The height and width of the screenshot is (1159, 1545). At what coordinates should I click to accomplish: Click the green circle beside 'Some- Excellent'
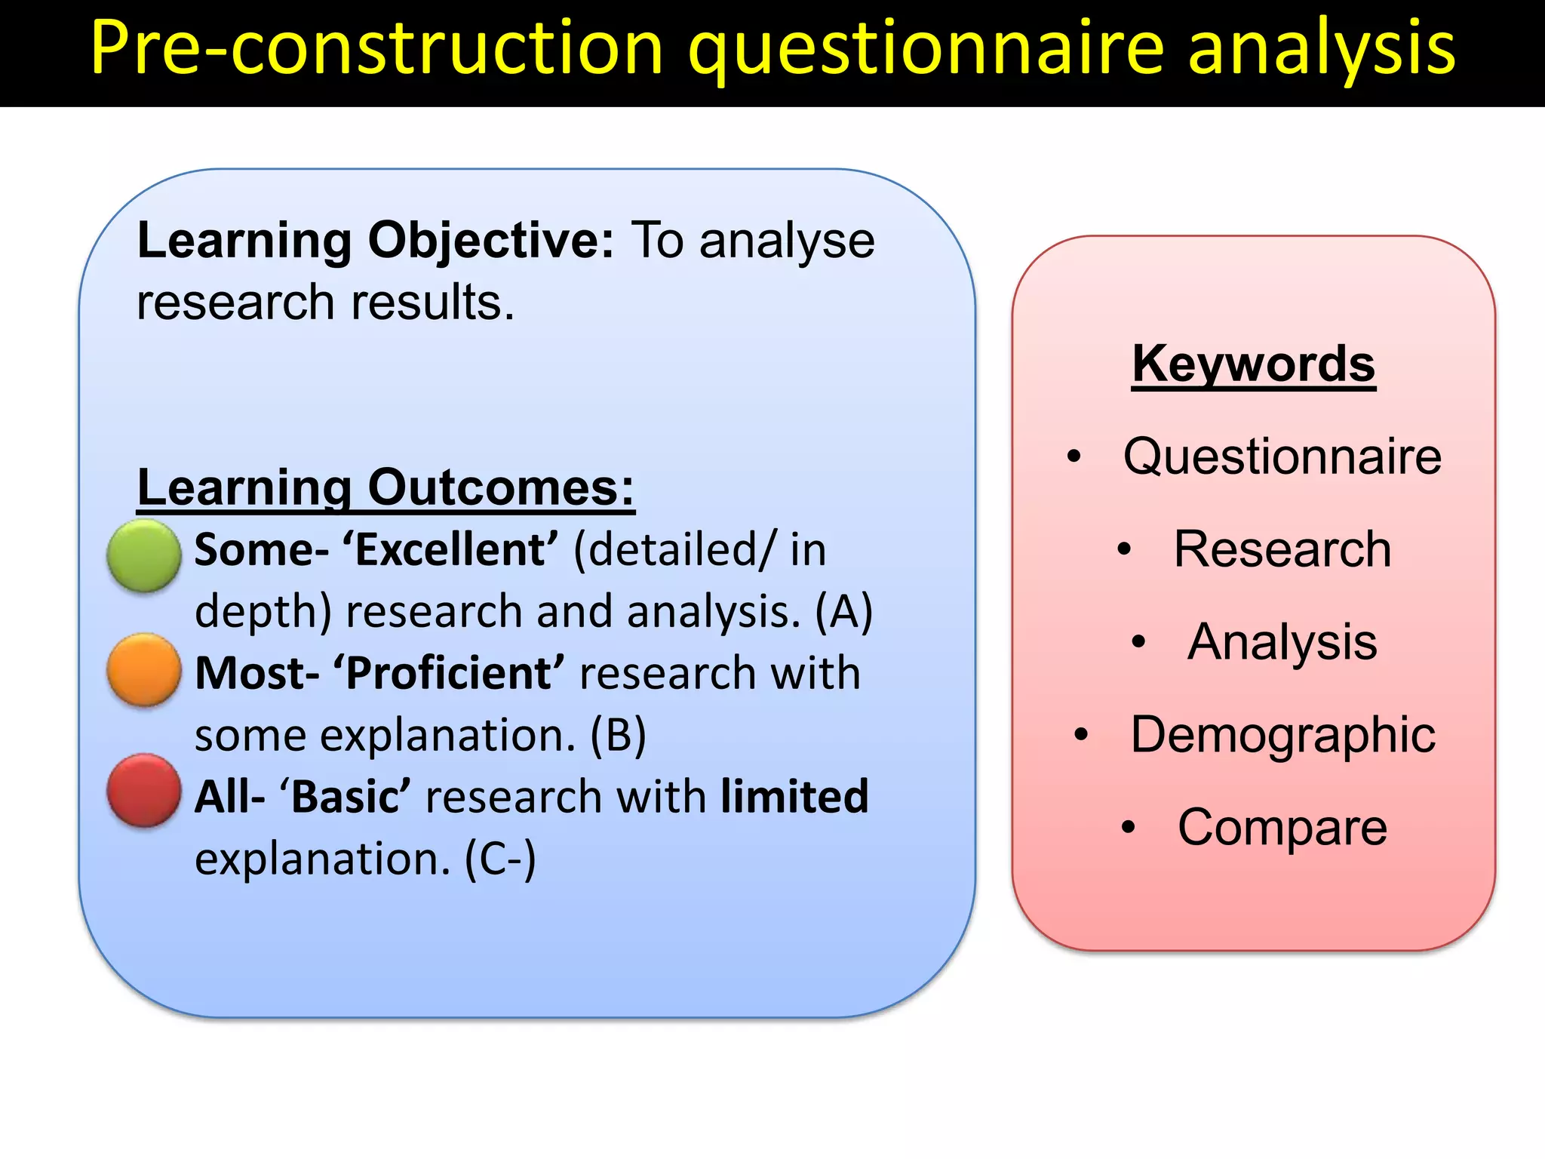(143, 555)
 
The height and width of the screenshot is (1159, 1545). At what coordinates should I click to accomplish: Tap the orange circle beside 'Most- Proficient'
(143, 670)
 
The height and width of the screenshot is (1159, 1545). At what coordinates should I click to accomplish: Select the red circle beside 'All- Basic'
(143, 790)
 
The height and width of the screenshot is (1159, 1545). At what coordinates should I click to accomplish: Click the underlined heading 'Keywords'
(1254, 364)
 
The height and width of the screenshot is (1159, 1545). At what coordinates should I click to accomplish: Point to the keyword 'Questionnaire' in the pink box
(1282, 457)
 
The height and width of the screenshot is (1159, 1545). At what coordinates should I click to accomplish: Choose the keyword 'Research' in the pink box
(1282, 549)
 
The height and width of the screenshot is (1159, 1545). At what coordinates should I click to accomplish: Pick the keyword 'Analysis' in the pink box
(1282, 642)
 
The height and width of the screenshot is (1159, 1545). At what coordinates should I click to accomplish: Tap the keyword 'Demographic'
(1282, 735)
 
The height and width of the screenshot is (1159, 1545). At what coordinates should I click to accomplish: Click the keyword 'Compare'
(1282, 828)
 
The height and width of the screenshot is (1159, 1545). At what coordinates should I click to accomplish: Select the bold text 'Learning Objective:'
(375, 241)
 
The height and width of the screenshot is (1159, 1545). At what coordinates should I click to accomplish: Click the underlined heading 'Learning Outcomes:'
(385, 488)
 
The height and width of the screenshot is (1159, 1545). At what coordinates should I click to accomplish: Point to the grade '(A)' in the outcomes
(843, 612)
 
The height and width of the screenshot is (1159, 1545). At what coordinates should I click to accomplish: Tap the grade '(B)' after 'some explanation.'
(618, 736)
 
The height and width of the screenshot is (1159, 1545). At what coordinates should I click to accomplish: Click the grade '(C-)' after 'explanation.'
(500, 859)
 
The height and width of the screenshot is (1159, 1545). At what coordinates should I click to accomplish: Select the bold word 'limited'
(794, 797)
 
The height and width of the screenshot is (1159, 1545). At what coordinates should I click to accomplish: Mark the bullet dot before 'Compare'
(1128, 828)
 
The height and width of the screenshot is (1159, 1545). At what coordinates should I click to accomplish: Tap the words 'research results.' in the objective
(325, 303)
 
